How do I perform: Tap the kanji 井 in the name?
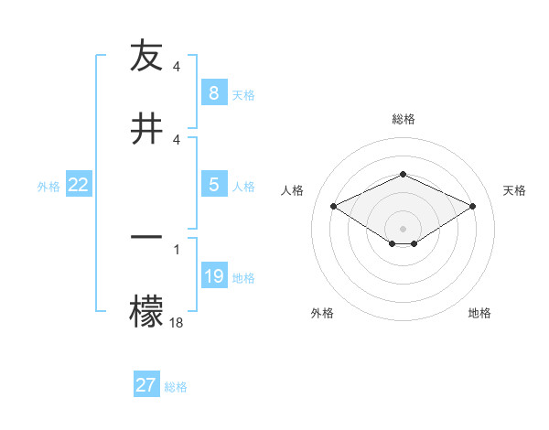click(x=147, y=128)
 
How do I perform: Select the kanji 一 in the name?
click(x=147, y=237)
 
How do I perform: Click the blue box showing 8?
click(x=213, y=93)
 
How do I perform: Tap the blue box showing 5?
click(x=213, y=185)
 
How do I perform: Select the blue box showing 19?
click(x=213, y=276)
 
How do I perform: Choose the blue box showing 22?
click(x=79, y=185)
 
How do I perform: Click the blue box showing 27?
click(x=146, y=385)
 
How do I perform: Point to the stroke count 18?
click(x=177, y=322)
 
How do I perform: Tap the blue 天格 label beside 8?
click(x=243, y=94)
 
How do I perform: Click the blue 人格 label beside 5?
click(x=243, y=186)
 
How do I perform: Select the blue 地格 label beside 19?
click(x=243, y=277)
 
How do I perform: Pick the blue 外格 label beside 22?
click(x=48, y=186)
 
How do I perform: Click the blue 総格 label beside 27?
click(x=176, y=386)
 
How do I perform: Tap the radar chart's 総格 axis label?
click(x=403, y=119)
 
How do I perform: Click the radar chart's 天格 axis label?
click(x=515, y=190)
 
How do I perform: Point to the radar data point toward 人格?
click(x=333, y=206)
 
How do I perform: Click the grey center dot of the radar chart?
click(x=403, y=229)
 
